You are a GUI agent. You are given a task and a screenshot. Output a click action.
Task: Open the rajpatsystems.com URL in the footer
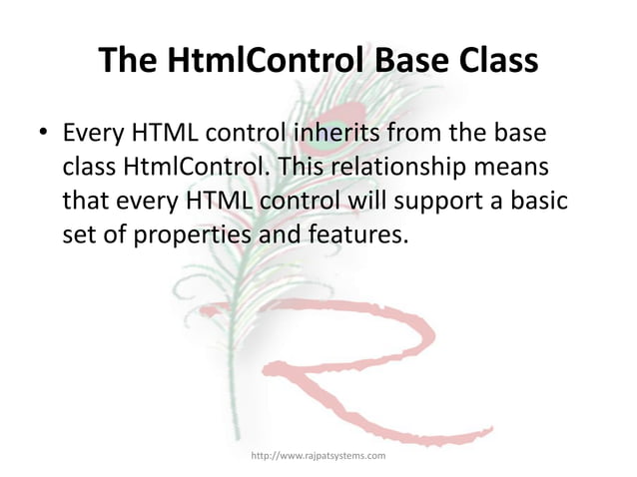[x=318, y=455]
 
